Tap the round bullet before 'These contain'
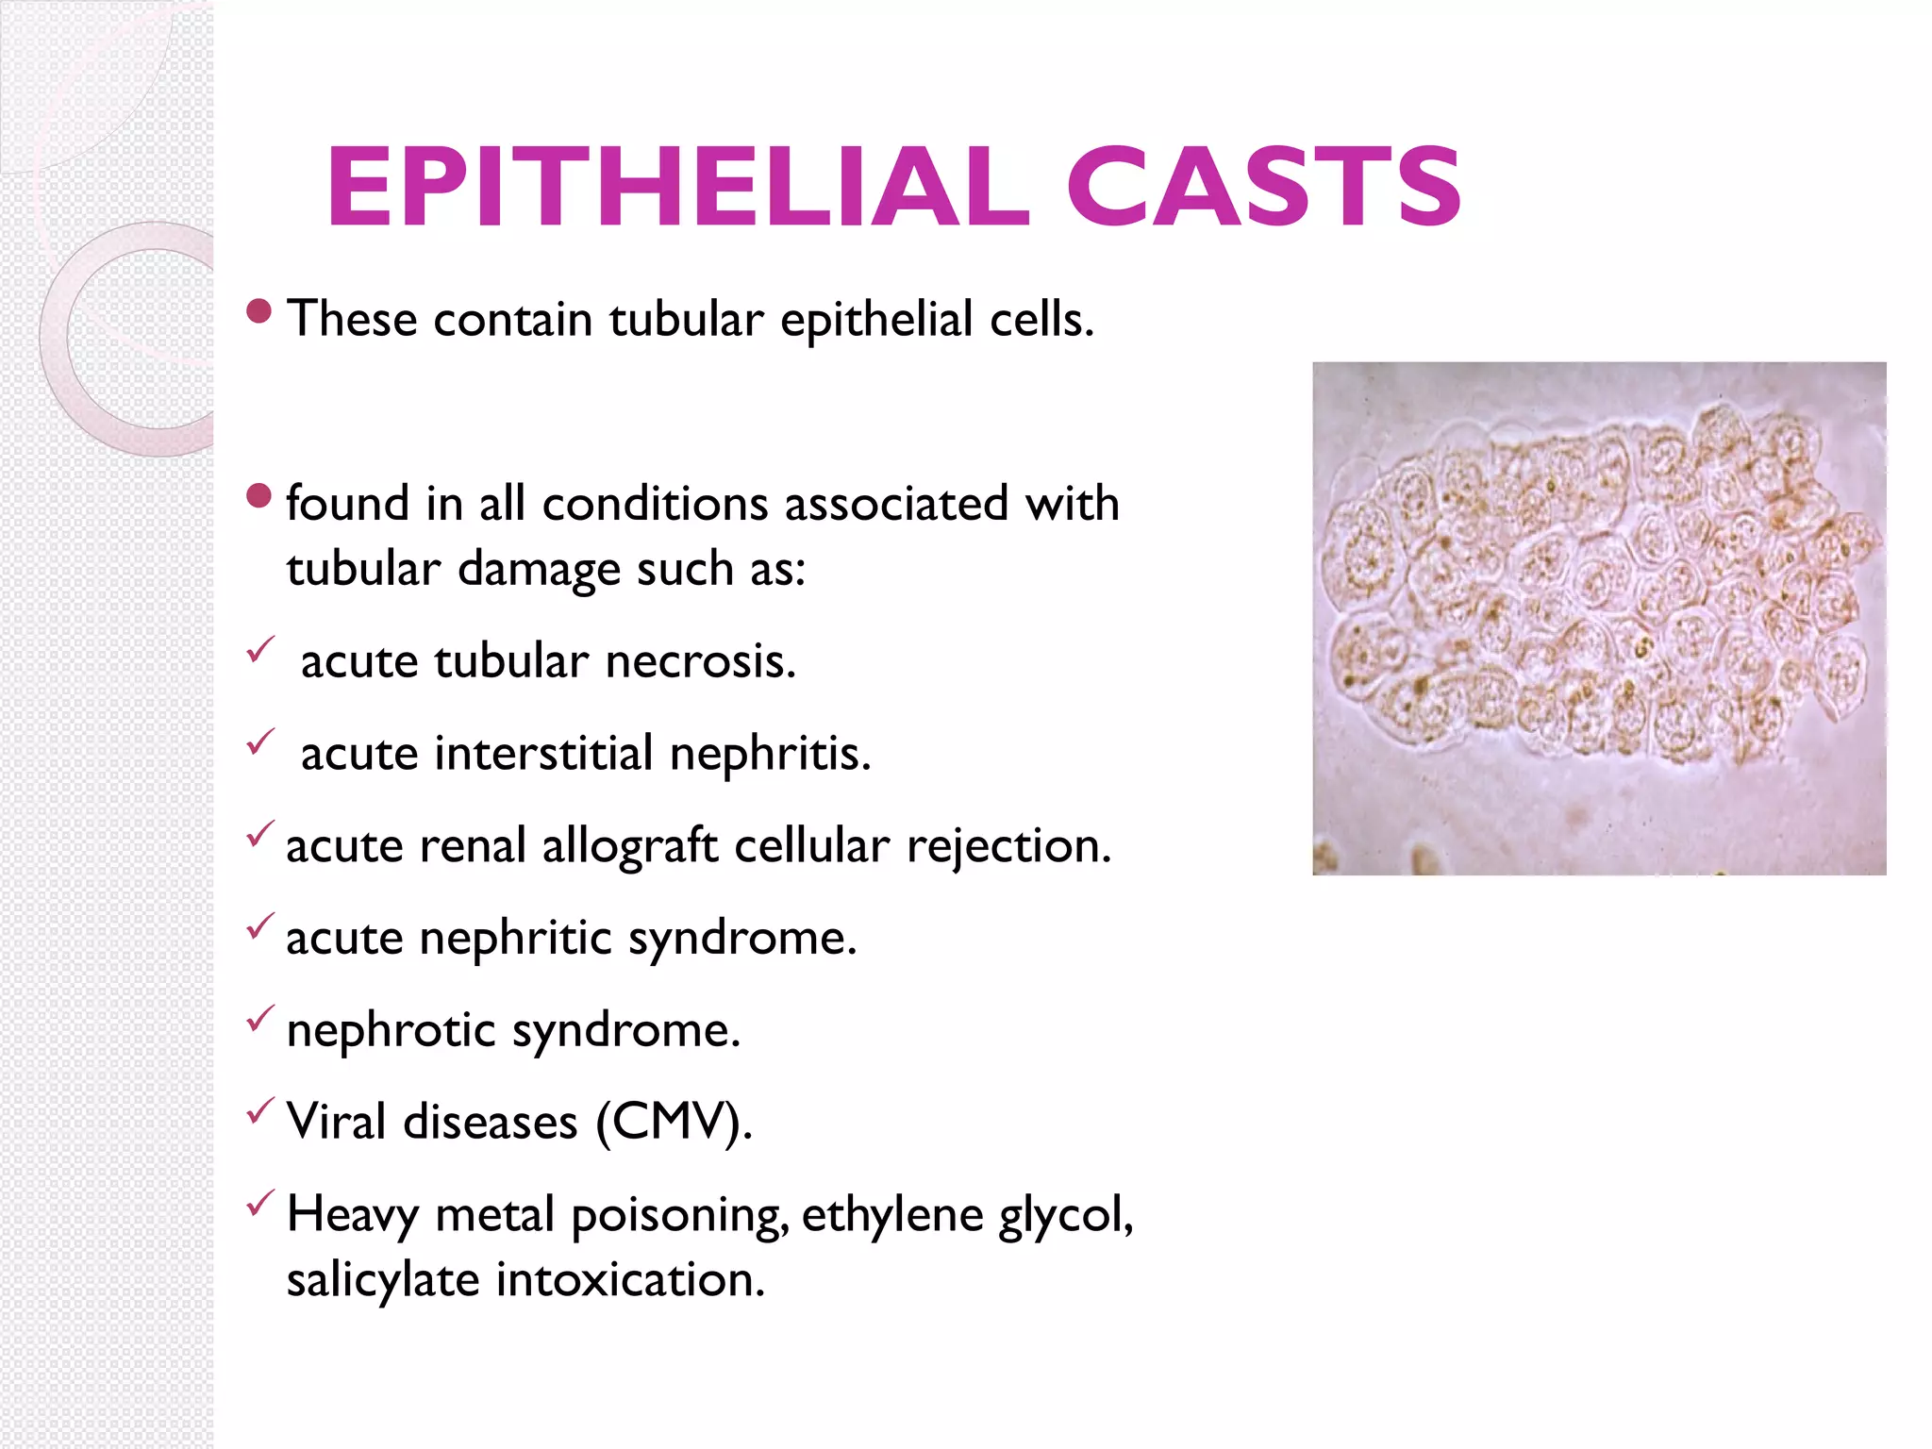pyautogui.click(x=258, y=311)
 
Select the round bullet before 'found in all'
pyautogui.click(x=258, y=495)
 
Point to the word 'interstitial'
pyautogui.click(x=543, y=753)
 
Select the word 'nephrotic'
pyautogui.click(x=391, y=1029)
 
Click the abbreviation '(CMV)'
pyautogui.click(x=674, y=1122)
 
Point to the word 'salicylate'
pyautogui.click(x=383, y=1280)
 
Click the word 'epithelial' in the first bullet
pyautogui.click(x=875, y=319)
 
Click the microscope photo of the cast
pyautogui.click(x=1598, y=618)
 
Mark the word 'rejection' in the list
pyautogui.click(x=1008, y=845)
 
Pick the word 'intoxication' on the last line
pyautogui.click(x=629, y=1280)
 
